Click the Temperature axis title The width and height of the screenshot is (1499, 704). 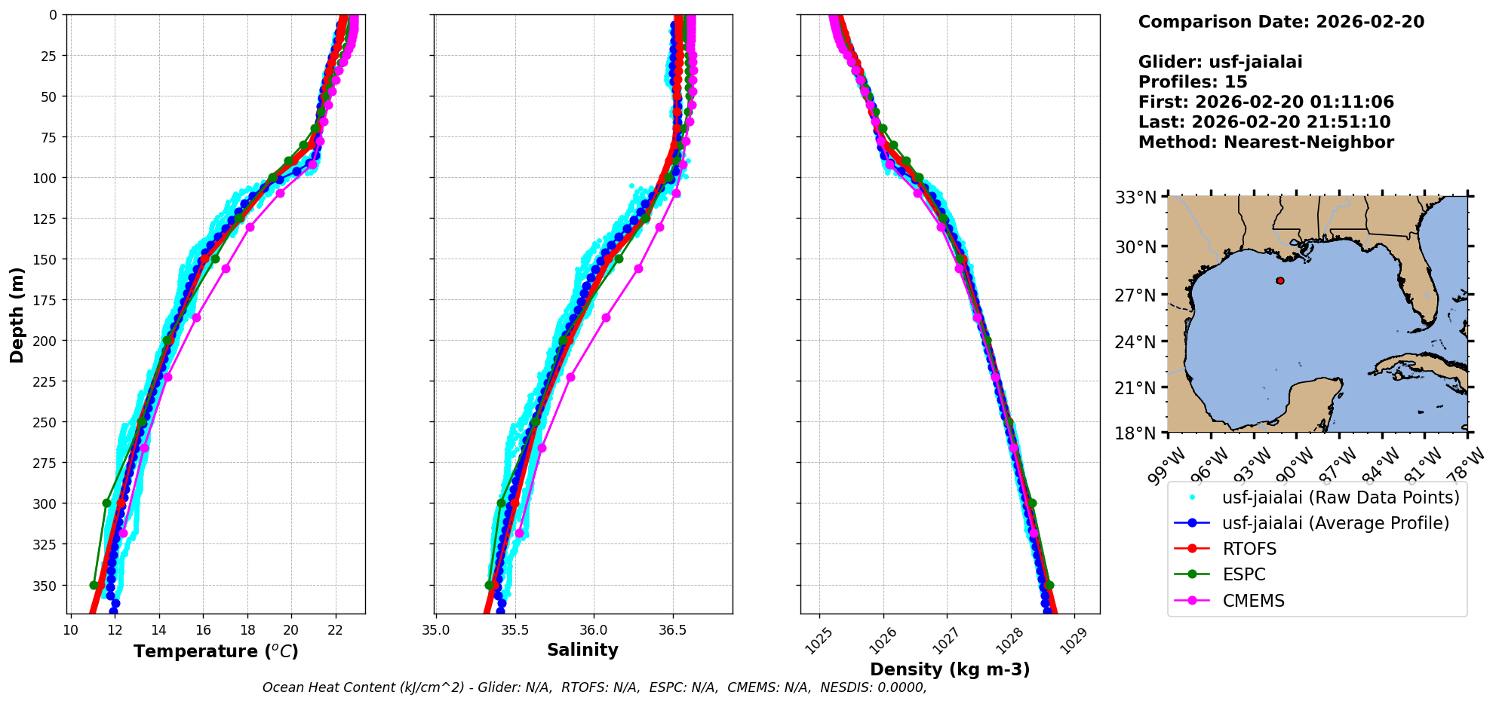216,651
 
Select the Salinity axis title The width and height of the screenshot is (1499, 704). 582,650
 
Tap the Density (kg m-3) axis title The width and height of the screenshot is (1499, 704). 950,669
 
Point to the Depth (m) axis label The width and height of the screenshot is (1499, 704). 17,314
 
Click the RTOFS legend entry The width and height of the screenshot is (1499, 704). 1249,549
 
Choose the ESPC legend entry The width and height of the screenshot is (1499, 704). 1243,574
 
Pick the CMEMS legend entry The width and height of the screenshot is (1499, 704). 1253,601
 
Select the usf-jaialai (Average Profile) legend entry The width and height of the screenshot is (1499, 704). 1335,523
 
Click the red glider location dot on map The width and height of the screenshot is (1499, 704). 1280,280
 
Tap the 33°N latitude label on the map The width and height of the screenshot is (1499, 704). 1135,197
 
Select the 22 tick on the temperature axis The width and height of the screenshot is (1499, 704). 336,629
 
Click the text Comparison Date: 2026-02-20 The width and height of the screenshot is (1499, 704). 1281,22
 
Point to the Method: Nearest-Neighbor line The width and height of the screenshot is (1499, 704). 1266,142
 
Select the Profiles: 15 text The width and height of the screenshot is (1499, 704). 1193,82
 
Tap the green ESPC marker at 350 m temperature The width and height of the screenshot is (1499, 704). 94,585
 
